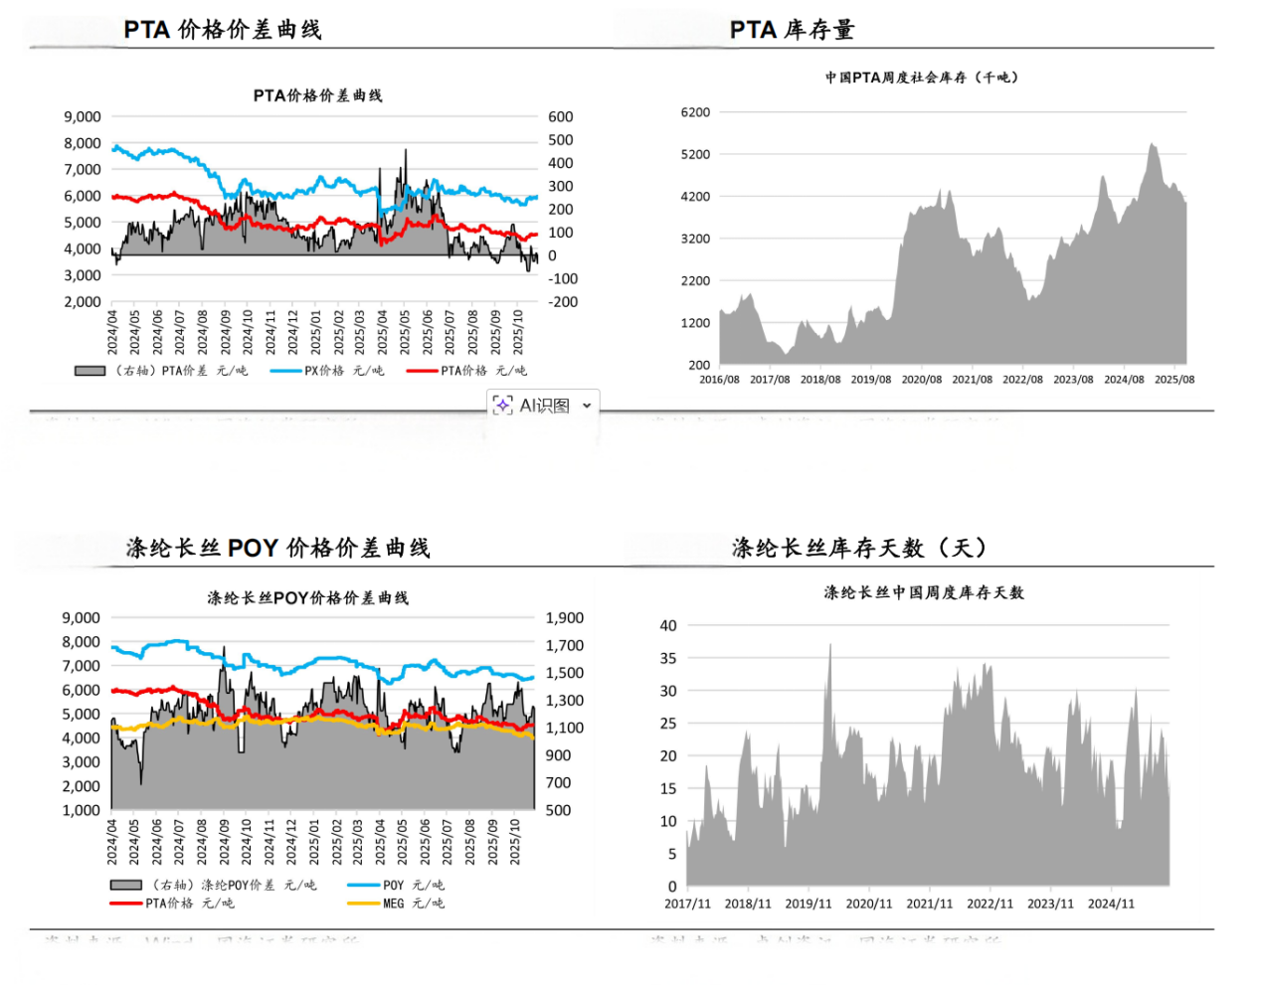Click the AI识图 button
[x=533, y=406]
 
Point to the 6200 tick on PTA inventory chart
[x=695, y=112]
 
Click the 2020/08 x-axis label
[x=921, y=380]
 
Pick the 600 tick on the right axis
[x=561, y=117]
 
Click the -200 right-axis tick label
[x=563, y=302]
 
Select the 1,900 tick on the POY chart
[x=564, y=618]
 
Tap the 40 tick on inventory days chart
[x=668, y=625]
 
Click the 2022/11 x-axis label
[x=990, y=903]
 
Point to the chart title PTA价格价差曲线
[x=317, y=95]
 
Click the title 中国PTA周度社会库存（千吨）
[x=921, y=78]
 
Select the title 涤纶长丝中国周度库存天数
[x=923, y=592]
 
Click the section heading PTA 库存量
[x=792, y=31]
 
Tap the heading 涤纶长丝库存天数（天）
[x=859, y=548]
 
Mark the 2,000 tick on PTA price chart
[x=83, y=302]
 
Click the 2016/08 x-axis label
[x=719, y=380]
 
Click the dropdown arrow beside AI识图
[x=587, y=406]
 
